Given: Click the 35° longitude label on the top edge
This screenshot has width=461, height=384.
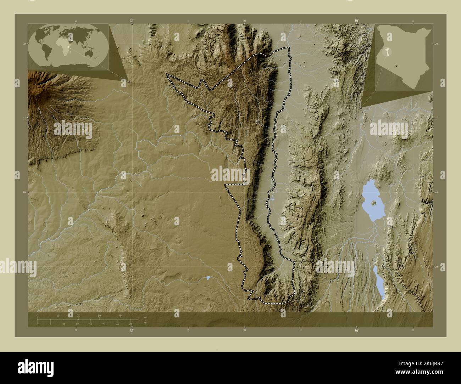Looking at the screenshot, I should coord(132,21).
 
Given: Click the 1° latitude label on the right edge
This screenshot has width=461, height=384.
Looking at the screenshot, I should coord(436,118).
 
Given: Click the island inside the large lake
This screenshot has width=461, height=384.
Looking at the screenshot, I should coord(374,203).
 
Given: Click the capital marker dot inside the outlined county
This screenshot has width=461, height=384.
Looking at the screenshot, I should coord(257,122).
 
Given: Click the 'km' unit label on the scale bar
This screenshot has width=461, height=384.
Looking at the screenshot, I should coord(145,317).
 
